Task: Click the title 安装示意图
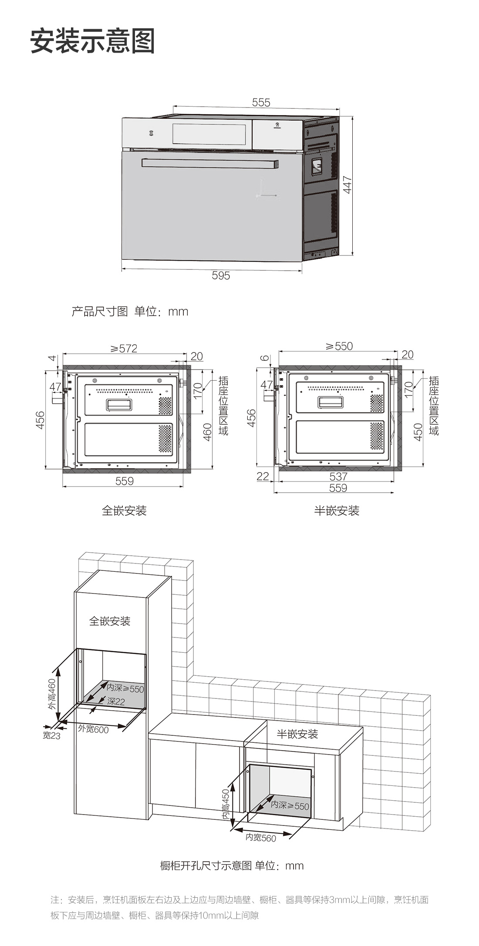92,41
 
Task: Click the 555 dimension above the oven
261,102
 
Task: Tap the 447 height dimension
347,185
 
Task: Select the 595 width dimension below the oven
221,275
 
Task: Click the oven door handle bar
209,163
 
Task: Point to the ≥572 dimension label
123,349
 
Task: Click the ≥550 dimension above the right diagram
339,346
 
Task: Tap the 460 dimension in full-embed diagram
208,432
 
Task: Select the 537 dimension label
338,476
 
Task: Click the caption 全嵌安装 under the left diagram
124,511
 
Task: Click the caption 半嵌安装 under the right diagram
337,511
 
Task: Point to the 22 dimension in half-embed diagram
263,476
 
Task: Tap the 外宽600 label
93,729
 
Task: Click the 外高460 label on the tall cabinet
52,694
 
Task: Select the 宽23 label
51,736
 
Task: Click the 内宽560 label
260,838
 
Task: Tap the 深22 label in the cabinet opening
116,701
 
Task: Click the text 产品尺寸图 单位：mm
130,312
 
